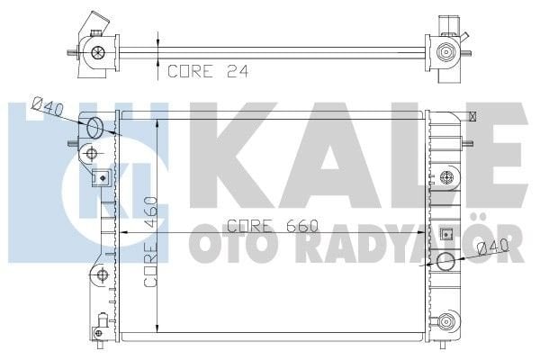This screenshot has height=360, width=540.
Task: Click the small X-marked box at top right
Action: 472,115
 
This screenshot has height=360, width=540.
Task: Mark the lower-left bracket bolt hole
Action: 102,274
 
